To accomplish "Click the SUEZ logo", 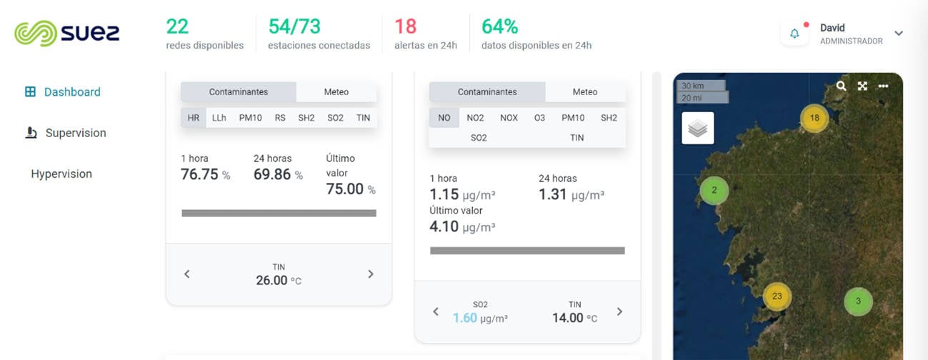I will point(67,33).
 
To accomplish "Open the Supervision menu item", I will point(75,133).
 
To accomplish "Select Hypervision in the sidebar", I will point(61,174).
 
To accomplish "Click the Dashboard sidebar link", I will point(71,92).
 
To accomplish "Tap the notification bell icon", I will point(794,34).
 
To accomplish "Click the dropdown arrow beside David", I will point(899,34).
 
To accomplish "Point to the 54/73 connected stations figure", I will point(294,26).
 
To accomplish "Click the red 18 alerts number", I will point(405,26).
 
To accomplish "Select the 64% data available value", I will point(499,26).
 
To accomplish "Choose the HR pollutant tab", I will point(194,118).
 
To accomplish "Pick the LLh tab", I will point(219,118).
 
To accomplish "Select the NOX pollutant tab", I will point(509,118).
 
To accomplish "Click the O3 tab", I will point(539,118).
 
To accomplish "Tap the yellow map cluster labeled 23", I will point(777,296).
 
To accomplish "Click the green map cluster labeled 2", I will point(714,191).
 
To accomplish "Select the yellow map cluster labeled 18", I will point(814,118).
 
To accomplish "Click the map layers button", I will point(698,129).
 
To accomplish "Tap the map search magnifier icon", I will point(841,86).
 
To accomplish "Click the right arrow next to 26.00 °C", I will point(371,274).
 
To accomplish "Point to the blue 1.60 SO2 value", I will point(464,318).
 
